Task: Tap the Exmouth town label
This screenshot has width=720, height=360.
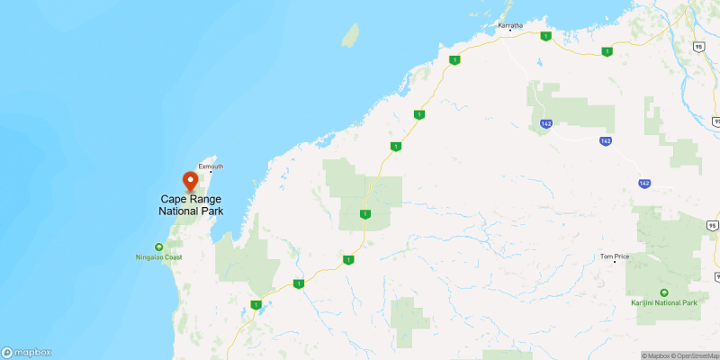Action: tap(211, 166)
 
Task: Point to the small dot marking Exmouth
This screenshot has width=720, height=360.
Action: tap(211, 174)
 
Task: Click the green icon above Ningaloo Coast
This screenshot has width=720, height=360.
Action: tap(158, 246)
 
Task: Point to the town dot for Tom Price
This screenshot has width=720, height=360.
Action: tap(614, 263)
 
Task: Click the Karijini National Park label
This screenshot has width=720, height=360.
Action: tap(664, 303)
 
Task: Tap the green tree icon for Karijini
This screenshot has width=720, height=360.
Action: tap(664, 292)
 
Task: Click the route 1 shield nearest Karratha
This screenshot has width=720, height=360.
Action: tap(545, 36)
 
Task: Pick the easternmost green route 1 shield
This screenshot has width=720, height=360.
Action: tap(607, 52)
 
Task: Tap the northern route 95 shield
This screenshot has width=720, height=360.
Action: tap(698, 46)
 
